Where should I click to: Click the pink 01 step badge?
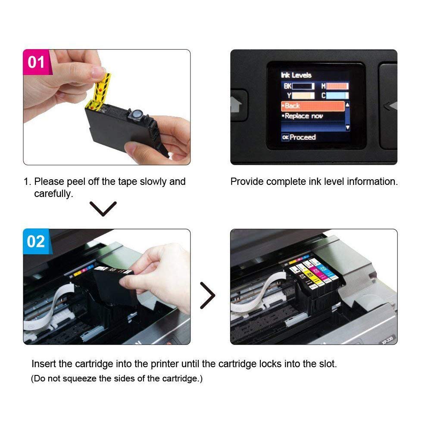(37, 62)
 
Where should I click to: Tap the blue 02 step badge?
(36, 241)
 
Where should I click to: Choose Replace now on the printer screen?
(304, 116)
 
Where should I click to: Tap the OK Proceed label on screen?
(299, 137)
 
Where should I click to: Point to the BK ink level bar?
(303, 86)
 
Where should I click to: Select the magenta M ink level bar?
(340, 86)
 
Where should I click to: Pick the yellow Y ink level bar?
(303, 96)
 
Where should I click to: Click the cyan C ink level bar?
(340, 96)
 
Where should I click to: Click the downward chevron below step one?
(104, 209)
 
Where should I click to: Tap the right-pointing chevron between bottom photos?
(208, 296)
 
